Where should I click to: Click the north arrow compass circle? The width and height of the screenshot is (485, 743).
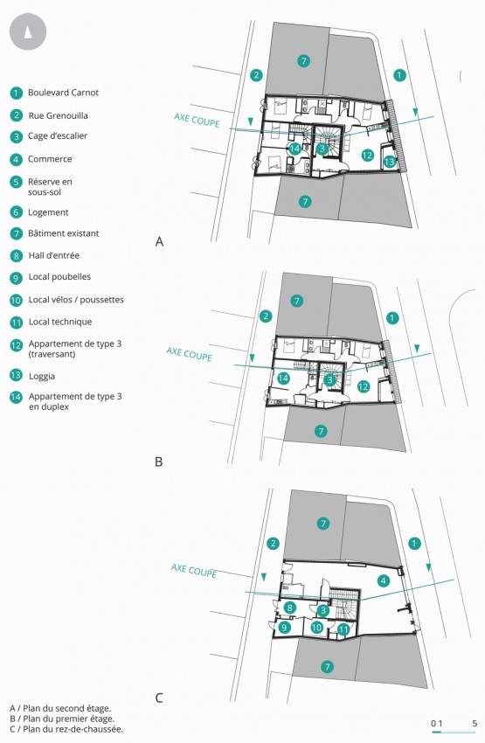[x=28, y=31]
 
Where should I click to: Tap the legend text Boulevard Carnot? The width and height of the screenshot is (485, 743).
[x=63, y=93]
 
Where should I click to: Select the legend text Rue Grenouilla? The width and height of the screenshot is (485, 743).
[x=58, y=115]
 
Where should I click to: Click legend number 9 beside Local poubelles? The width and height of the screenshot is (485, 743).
[x=16, y=277]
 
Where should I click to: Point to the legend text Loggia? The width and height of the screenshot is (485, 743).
[x=42, y=376]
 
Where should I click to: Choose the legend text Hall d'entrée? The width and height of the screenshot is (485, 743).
[x=54, y=256]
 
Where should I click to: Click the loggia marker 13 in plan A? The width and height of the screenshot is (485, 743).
[x=390, y=162]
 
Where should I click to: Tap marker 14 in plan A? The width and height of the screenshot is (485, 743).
[x=294, y=149]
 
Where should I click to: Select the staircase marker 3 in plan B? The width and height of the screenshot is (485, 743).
[x=329, y=379]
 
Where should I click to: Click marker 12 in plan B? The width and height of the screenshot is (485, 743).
[x=364, y=386]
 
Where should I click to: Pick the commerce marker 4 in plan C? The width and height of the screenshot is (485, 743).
[x=383, y=580]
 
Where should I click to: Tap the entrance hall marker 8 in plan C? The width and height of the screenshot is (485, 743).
[x=289, y=608]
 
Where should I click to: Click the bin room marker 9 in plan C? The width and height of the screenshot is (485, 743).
[x=284, y=628]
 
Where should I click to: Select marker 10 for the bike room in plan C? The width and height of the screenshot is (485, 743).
[x=316, y=628]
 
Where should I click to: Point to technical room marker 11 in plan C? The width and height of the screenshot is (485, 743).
[x=343, y=629]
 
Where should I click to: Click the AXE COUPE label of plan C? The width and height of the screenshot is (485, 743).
[x=194, y=571]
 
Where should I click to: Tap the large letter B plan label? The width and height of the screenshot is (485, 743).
[x=159, y=462]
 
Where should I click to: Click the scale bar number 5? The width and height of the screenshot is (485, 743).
[x=475, y=724]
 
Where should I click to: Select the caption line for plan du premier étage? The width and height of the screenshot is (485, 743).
[x=61, y=719]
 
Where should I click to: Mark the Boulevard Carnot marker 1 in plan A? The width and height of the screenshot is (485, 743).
[x=399, y=75]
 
